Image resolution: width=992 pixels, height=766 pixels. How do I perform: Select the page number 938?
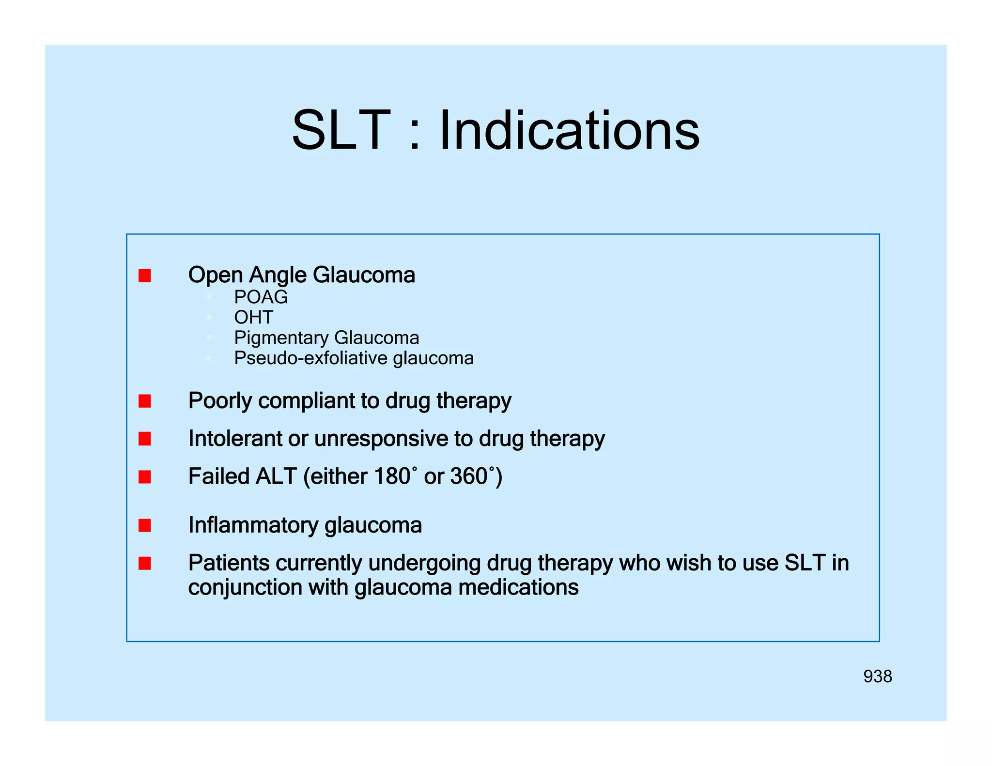877,676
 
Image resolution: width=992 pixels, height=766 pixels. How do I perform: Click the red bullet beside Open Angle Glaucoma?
145,276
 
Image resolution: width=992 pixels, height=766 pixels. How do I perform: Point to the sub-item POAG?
261,297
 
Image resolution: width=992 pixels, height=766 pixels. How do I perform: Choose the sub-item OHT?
253,317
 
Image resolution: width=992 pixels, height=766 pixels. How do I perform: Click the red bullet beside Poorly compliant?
145,401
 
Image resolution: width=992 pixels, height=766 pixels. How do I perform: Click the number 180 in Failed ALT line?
392,476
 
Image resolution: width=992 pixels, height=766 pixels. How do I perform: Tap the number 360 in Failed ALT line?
468,476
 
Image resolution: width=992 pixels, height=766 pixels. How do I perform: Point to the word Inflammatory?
253,525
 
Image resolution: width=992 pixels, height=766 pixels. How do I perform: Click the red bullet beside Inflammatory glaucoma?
145,525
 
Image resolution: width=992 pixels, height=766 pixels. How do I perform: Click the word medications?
518,588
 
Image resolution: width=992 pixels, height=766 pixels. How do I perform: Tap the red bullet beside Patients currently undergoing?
145,563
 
